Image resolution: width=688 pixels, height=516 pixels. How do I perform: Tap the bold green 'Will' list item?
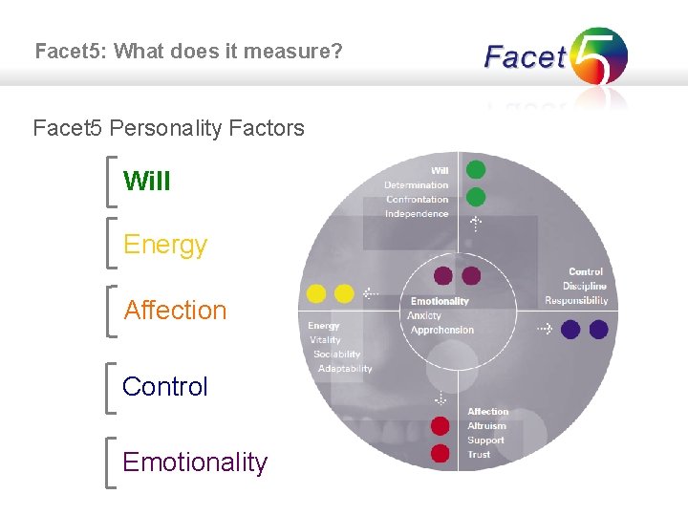pyautogui.click(x=147, y=181)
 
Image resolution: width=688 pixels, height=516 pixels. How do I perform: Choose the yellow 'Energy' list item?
pyautogui.click(x=165, y=245)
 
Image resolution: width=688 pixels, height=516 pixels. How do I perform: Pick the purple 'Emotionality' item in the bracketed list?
pyautogui.click(x=195, y=462)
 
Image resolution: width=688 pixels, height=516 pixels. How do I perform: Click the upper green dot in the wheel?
pyautogui.click(x=476, y=170)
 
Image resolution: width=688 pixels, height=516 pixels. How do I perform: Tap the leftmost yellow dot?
pyautogui.click(x=315, y=293)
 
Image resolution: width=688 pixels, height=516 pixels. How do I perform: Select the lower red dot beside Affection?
pyautogui.click(x=441, y=453)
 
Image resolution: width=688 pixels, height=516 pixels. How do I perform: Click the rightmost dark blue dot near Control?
pyautogui.click(x=598, y=330)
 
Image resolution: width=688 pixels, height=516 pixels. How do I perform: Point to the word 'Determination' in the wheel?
pyautogui.click(x=416, y=185)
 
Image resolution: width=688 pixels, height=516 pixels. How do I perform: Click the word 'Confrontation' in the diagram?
pyautogui.click(x=417, y=200)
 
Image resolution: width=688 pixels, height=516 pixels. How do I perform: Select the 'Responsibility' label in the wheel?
pyautogui.click(x=576, y=300)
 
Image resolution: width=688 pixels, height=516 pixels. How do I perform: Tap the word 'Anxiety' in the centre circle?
pyautogui.click(x=424, y=315)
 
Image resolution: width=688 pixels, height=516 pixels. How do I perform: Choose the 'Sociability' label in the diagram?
pyautogui.click(x=336, y=355)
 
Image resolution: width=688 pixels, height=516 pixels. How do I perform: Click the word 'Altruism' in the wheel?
pyautogui.click(x=487, y=426)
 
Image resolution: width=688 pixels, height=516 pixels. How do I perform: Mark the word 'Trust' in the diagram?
pyautogui.click(x=479, y=455)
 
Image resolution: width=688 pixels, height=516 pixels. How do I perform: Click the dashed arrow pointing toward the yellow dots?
pyautogui.click(x=372, y=293)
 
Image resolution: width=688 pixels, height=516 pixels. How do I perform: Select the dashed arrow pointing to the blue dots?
pyautogui.click(x=544, y=329)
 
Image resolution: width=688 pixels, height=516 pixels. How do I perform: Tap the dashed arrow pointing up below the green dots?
pyautogui.click(x=476, y=224)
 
